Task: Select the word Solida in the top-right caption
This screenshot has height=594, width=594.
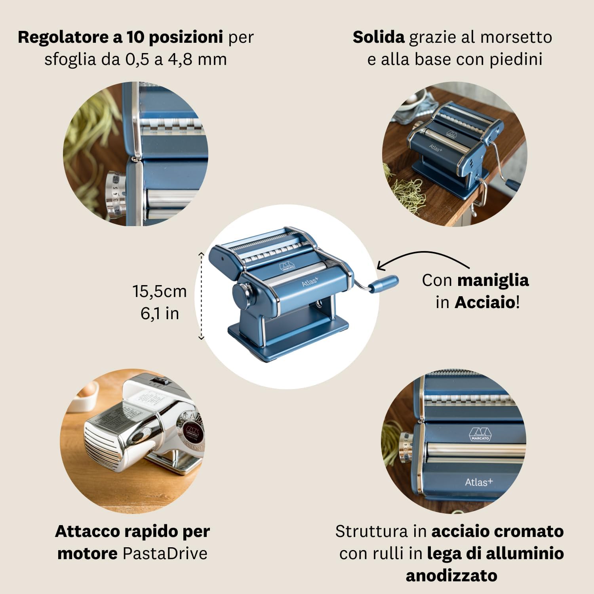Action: (378, 38)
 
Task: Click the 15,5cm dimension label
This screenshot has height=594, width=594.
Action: (159, 291)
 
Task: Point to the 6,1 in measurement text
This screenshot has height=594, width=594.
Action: (160, 314)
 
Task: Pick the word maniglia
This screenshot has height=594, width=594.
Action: (493, 280)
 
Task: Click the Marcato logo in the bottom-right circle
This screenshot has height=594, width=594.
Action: (480, 434)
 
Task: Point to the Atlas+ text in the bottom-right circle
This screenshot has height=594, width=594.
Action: (478, 482)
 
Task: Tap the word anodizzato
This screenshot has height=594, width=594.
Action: (451, 575)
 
